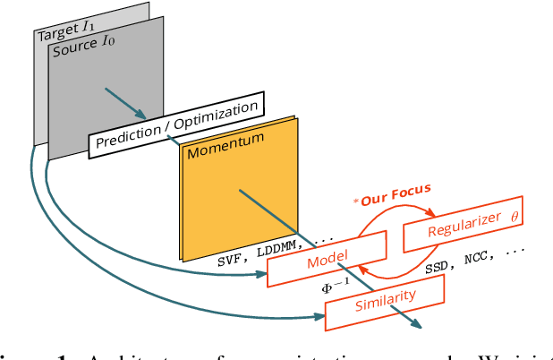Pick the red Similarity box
pyautogui.click(x=384, y=300)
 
